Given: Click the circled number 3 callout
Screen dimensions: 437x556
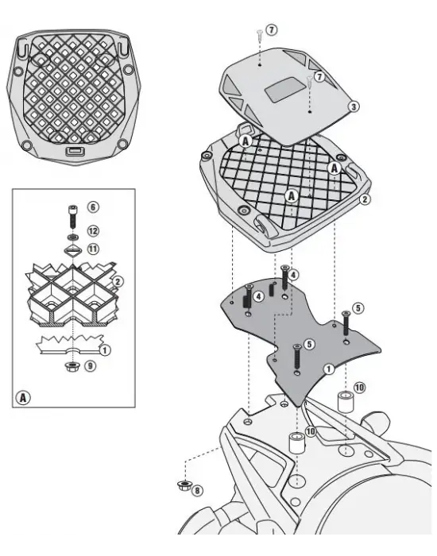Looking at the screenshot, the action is tap(354, 106).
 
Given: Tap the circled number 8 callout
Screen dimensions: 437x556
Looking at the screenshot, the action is tap(197, 490).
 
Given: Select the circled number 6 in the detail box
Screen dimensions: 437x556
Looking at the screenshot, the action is tap(93, 207).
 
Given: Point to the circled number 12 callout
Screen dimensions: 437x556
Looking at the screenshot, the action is tap(93, 231).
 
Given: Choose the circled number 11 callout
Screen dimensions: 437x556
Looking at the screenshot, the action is tap(93, 249).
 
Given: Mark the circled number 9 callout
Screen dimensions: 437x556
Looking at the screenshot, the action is tap(90, 365).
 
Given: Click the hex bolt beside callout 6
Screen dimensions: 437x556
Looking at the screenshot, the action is tap(73, 217).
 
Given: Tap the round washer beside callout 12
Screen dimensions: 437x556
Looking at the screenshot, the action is tap(73, 237).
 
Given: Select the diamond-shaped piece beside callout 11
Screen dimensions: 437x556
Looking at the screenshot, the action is tap(73, 251).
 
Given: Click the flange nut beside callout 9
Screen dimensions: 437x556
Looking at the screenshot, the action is tap(72, 366).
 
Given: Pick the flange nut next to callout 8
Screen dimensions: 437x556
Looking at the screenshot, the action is tap(184, 485).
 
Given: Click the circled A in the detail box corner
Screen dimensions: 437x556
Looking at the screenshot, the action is tap(23, 397).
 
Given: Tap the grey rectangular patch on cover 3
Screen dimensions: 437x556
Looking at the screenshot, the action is tap(283, 90).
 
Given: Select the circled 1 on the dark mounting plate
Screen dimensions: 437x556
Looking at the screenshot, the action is tap(329, 369).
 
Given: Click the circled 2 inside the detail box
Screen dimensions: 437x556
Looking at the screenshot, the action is tap(118, 282).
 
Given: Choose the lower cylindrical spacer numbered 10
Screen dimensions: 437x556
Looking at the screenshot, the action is tap(297, 442).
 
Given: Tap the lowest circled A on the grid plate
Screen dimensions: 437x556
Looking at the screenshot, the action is tap(292, 195).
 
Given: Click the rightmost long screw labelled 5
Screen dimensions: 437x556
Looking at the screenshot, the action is tap(346, 323).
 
